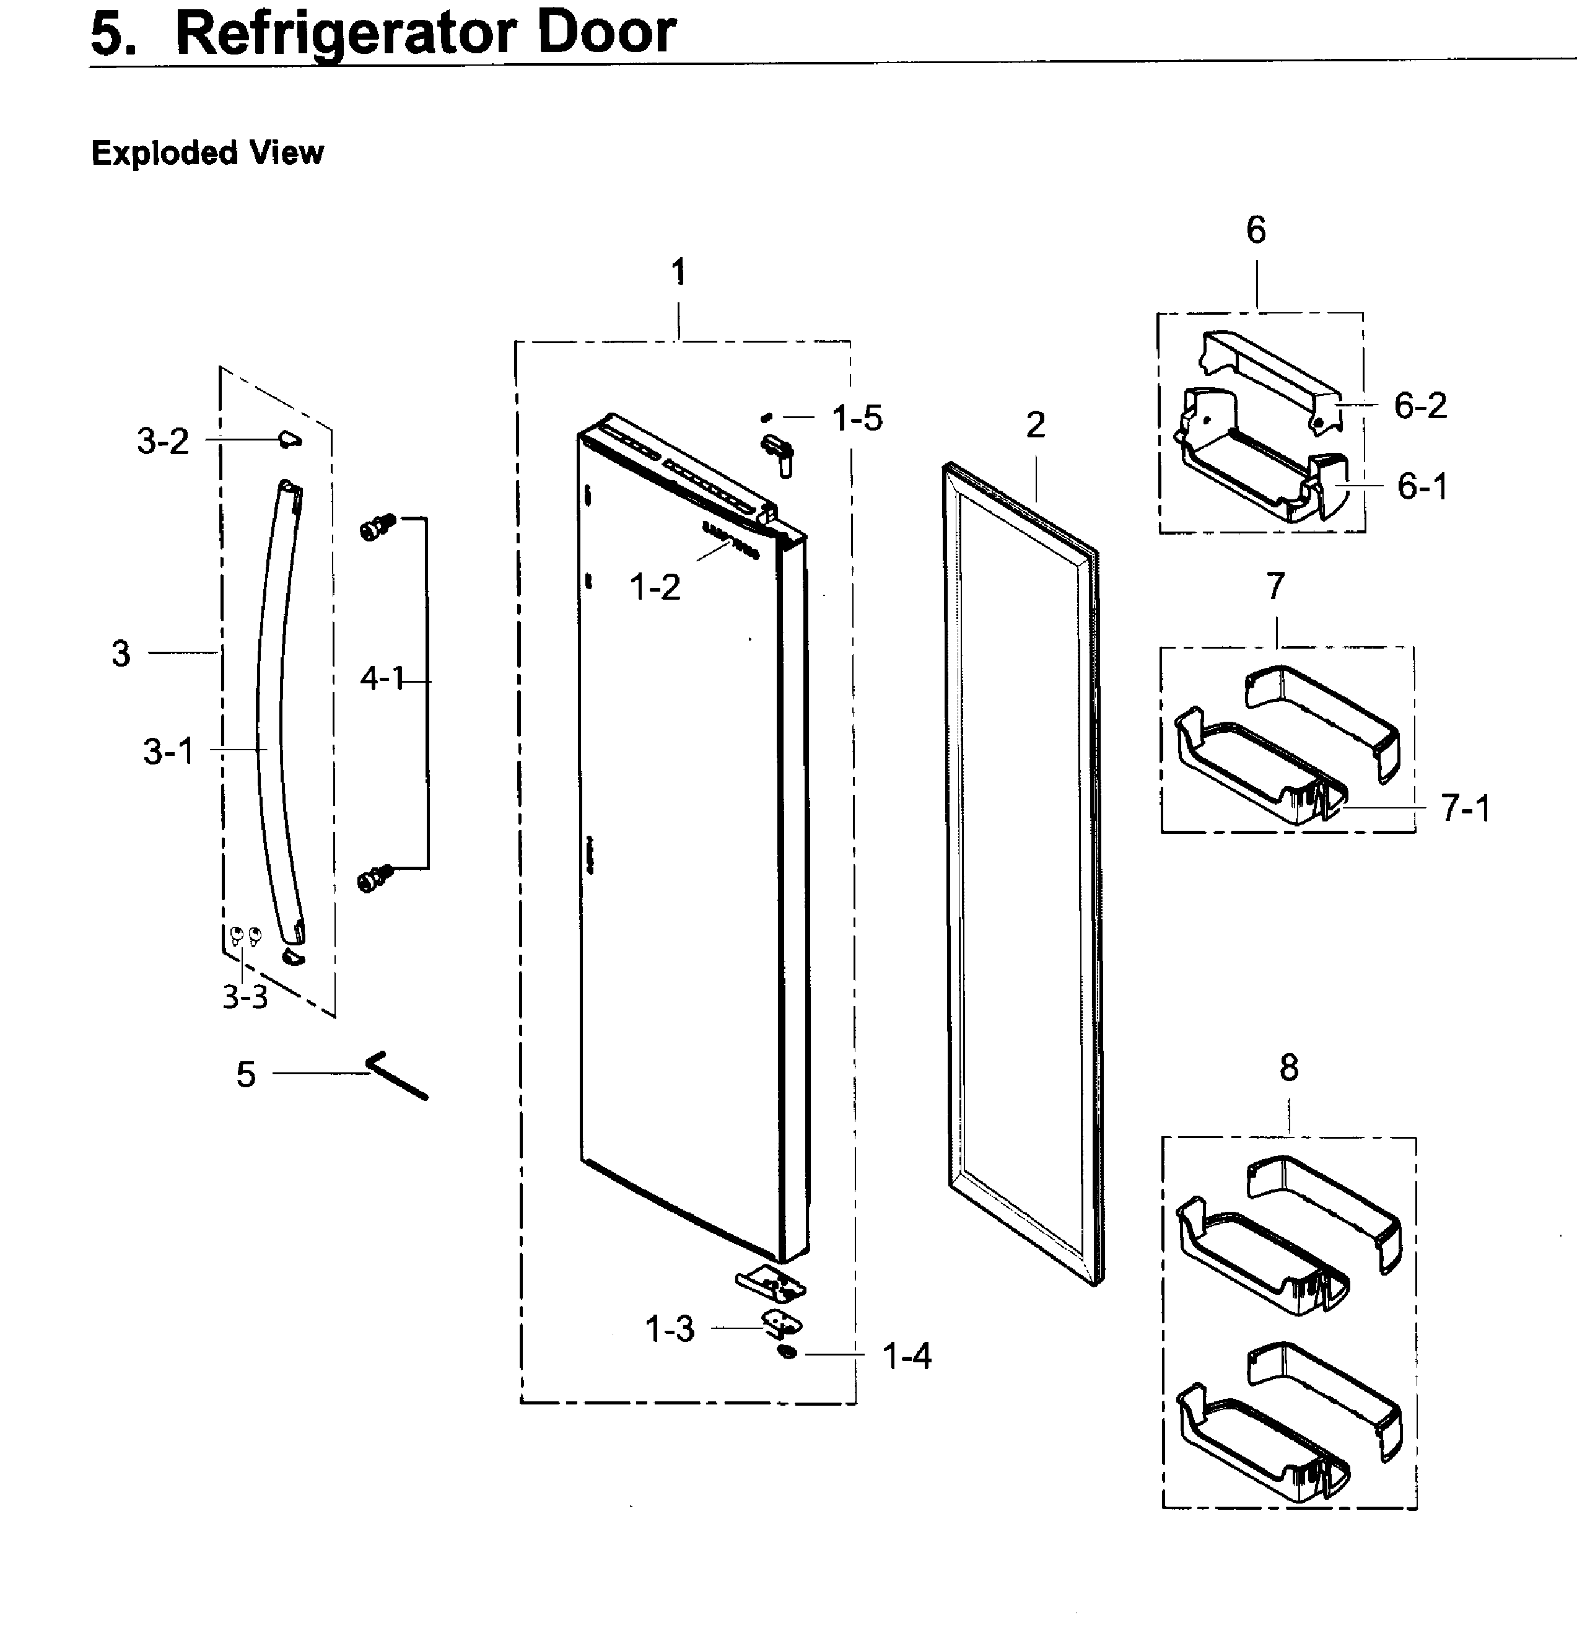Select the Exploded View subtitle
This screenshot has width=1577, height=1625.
pos(207,154)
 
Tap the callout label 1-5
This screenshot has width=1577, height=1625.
pos(857,419)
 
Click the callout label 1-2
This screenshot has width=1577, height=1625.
pos(654,588)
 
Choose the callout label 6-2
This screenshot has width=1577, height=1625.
pos(1420,405)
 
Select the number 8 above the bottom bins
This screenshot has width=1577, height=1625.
pos(1288,1069)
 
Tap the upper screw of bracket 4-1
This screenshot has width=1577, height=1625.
pos(378,527)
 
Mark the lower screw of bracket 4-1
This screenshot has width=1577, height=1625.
pos(375,878)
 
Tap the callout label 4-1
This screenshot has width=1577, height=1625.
pos(382,679)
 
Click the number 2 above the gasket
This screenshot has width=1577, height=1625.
pos(1035,426)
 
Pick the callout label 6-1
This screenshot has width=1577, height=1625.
pos(1421,487)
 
